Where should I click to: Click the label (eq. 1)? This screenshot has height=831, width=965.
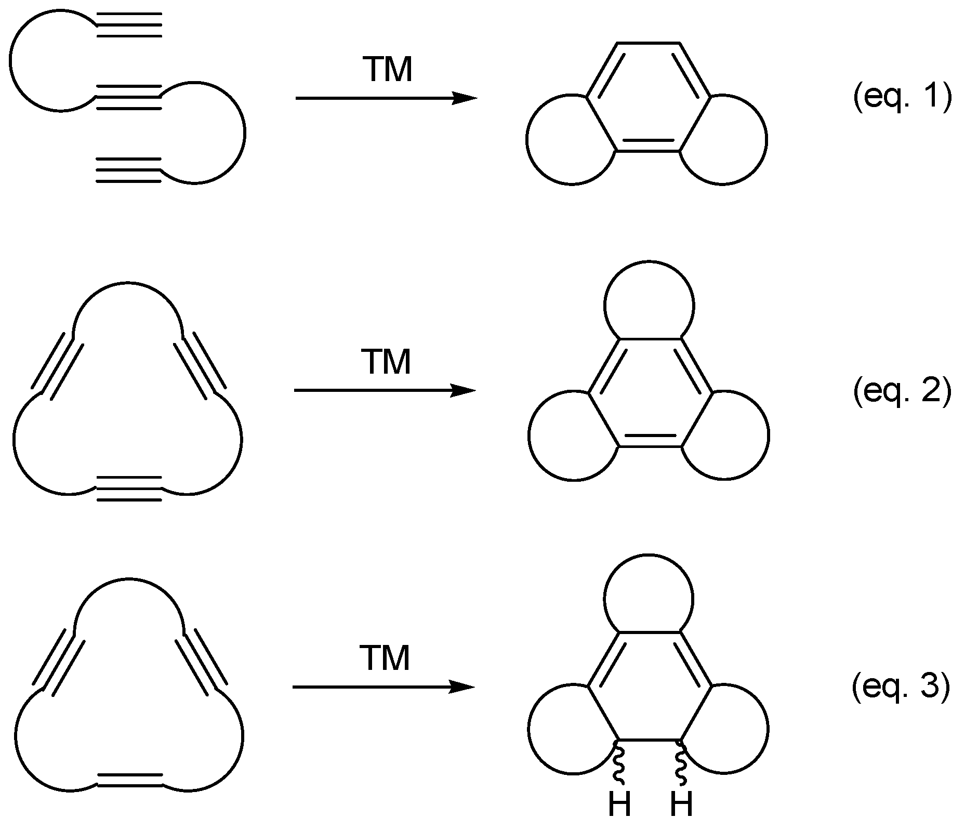click(902, 98)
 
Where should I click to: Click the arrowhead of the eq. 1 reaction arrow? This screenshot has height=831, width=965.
click(464, 98)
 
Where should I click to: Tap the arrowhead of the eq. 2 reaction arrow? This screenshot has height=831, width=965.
click(463, 390)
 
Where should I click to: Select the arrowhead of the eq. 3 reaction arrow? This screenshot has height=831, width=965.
click(462, 687)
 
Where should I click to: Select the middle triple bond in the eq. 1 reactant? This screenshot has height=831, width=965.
click(129, 97)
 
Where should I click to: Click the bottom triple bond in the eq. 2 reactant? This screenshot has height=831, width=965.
click(129, 489)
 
